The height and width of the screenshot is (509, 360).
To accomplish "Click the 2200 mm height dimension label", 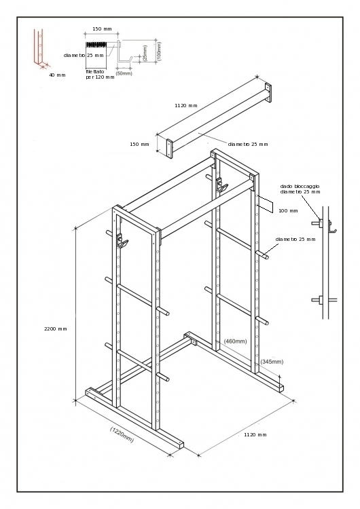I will (x=56, y=329).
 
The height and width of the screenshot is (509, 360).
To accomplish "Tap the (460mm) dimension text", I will (x=236, y=341).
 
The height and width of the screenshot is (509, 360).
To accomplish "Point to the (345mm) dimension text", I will (x=272, y=362).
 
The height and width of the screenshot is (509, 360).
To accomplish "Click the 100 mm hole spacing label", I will (x=288, y=210).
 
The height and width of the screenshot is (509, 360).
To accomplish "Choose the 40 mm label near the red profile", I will (x=57, y=75).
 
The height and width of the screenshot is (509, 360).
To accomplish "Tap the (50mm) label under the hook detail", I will (x=124, y=73).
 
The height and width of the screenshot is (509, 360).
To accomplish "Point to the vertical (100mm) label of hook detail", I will (x=158, y=51).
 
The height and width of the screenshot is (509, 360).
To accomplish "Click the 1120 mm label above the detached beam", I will (x=185, y=106).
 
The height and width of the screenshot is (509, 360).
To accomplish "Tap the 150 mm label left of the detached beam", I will (x=139, y=144).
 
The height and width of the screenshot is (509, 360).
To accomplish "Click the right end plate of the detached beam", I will (x=268, y=94).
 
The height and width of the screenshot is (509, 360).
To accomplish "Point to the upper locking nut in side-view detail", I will (x=316, y=222).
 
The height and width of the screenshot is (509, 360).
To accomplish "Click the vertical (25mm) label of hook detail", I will (x=145, y=52).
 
